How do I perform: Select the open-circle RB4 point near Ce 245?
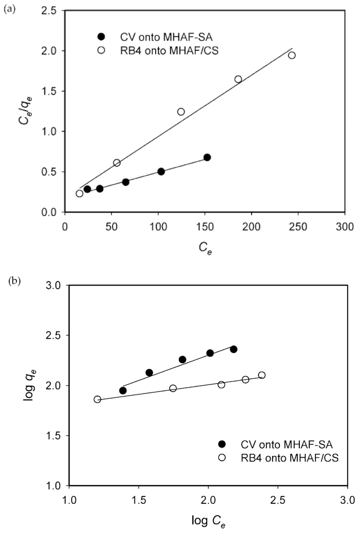292,55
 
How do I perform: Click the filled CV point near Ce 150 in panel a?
207,157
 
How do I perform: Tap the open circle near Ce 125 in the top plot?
181,112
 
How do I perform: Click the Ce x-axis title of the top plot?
205,248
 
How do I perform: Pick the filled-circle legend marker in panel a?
101,37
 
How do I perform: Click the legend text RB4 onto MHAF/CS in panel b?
290,458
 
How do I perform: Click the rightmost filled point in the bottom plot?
233,349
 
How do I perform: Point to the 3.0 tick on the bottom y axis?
54,286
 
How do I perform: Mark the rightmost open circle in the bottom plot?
262,375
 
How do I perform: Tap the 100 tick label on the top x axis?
158,227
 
